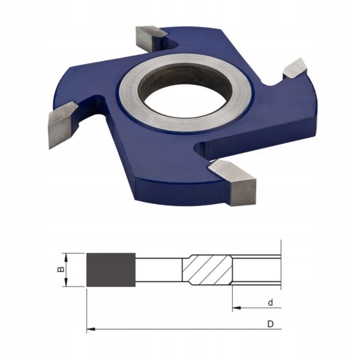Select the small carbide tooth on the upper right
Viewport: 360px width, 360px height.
(x=294, y=68)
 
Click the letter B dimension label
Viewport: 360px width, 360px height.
(x=60, y=270)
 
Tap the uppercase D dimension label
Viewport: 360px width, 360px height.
(x=271, y=324)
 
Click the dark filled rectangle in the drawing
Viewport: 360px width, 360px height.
(x=110, y=270)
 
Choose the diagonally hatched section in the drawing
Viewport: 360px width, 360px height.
(x=207, y=270)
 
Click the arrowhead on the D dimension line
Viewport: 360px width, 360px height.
(x=91, y=329)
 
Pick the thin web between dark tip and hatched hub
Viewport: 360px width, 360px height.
(x=158, y=270)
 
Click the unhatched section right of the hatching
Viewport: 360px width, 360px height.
(x=255, y=270)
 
